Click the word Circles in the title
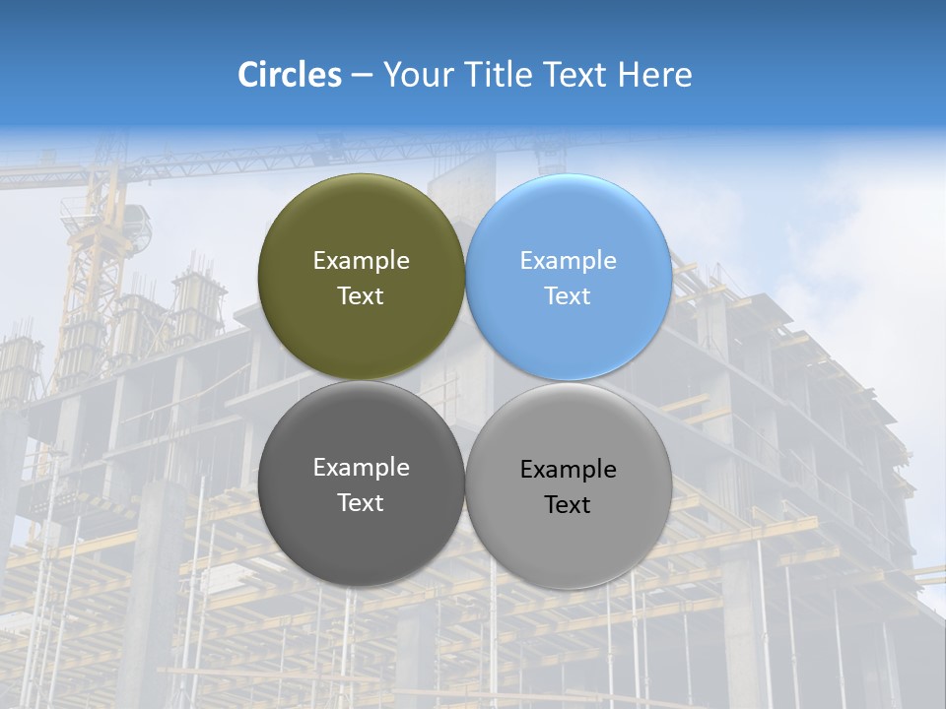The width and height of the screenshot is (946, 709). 289,75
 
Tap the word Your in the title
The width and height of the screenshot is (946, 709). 416,75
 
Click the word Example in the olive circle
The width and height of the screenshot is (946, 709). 361,261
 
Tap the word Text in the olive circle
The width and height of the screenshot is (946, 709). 361,296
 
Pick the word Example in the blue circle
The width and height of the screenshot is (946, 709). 568,261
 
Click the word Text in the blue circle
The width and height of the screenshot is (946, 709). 568,296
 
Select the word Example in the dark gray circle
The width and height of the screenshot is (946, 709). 361,468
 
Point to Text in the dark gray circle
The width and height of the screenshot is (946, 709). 361,503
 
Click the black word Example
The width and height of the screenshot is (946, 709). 568,470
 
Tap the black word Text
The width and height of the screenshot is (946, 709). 568,505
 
